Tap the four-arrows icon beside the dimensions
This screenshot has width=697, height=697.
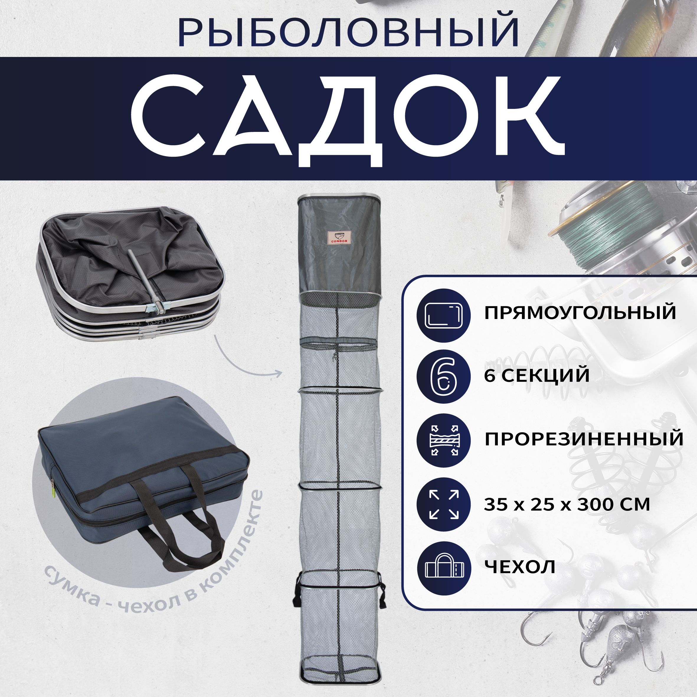tap(444, 504)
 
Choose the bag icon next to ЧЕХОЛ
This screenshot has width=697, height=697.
tap(444, 569)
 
